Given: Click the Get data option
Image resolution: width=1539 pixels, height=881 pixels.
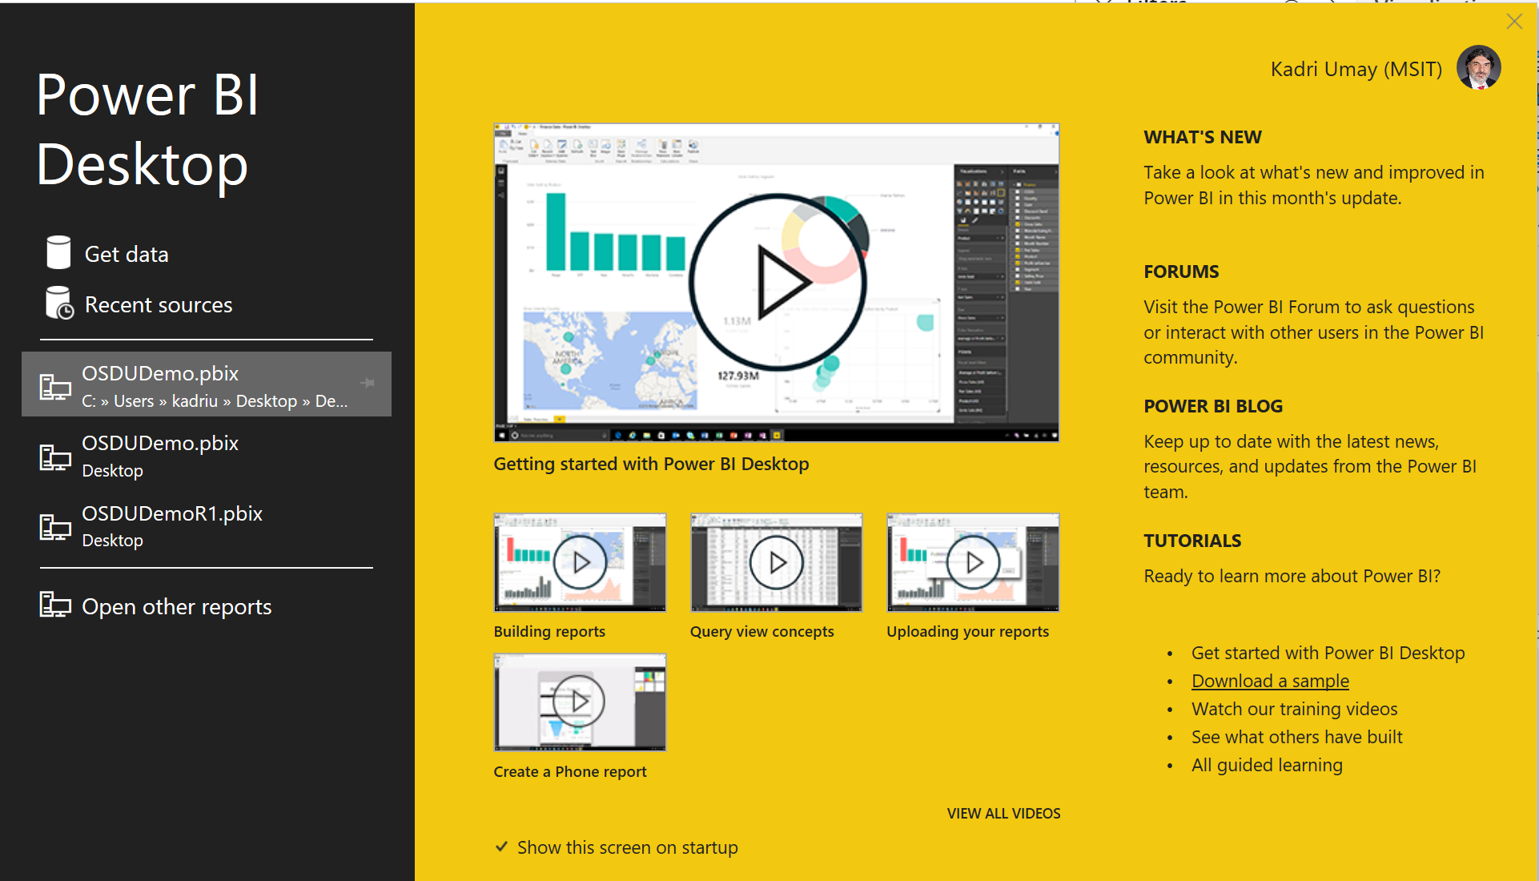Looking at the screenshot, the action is pyautogui.click(x=126, y=255).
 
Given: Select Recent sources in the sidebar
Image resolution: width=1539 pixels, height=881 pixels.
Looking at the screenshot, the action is pyautogui.click(x=158, y=305).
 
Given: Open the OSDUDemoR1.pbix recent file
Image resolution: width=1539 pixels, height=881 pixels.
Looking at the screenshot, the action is pyautogui.click(x=171, y=526).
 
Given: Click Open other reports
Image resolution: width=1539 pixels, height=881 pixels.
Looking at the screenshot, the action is pyautogui.click(x=176, y=607).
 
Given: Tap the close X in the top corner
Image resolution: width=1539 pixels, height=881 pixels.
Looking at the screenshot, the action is pyautogui.click(x=1513, y=22).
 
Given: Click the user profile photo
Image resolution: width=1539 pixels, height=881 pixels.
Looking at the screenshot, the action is pyautogui.click(x=1478, y=68).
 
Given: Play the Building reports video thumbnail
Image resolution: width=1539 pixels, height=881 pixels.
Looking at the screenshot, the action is pyautogui.click(x=580, y=562).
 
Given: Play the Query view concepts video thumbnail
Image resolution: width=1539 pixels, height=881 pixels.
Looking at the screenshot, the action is pyautogui.click(x=776, y=562).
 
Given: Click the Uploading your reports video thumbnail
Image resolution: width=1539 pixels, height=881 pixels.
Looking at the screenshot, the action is pyautogui.click(x=973, y=562).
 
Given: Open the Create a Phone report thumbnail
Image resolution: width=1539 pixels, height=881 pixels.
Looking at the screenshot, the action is pyautogui.click(x=580, y=702).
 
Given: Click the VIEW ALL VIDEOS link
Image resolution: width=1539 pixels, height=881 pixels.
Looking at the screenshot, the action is pyautogui.click(x=1003, y=814).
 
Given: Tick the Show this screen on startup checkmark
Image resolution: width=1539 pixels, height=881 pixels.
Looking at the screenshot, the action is pyautogui.click(x=502, y=847).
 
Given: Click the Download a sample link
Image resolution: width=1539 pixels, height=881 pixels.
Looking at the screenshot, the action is pyautogui.click(x=1270, y=681).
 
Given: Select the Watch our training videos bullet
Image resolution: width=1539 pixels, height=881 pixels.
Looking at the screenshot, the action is pyautogui.click(x=1294, y=709).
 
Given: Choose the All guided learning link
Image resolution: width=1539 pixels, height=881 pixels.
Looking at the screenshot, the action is pyautogui.click(x=1267, y=765).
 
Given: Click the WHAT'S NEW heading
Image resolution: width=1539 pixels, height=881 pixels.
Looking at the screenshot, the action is pyautogui.click(x=1202, y=137).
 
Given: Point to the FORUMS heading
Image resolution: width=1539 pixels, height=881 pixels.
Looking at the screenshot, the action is pyautogui.click(x=1181, y=272).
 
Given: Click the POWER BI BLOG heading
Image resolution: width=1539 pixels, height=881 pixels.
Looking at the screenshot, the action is pyautogui.click(x=1212, y=406).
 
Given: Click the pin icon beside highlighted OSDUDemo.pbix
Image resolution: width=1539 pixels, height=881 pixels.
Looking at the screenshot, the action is pyautogui.click(x=368, y=383).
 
